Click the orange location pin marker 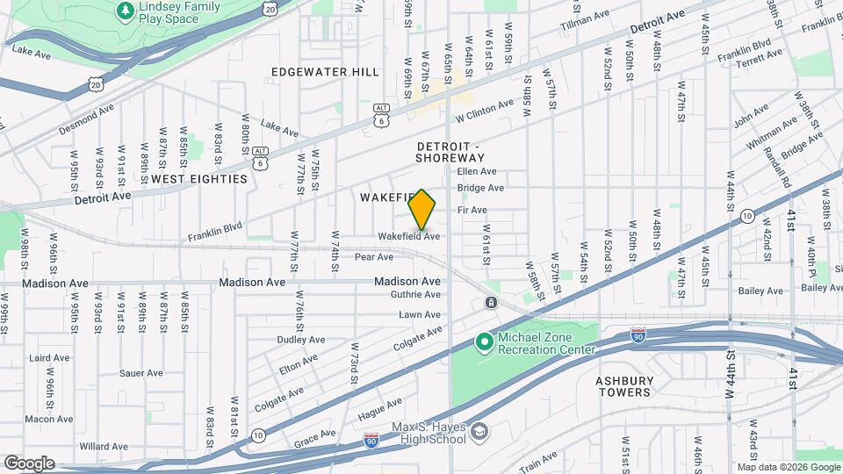click(x=422, y=210)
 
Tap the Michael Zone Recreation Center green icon click(x=483, y=341)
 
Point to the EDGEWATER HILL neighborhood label click(x=325, y=72)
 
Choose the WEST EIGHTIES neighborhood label click(x=199, y=178)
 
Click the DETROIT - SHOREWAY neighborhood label click(x=450, y=151)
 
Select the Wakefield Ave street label click(x=408, y=236)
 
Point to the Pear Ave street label click(x=374, y=257)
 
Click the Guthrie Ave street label click(x=414, y=295)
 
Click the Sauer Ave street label click(x=141, y=372)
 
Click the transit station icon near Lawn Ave click(x=490, y=303)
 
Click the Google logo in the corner click(x=29, y=463)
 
